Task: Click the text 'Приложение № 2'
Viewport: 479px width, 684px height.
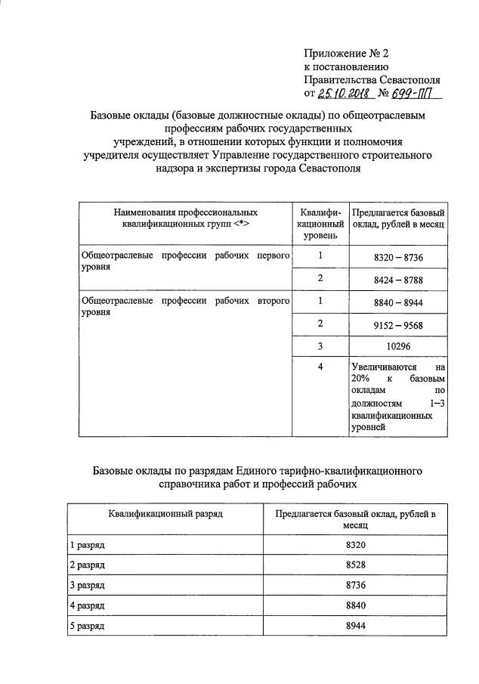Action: pyautogui.click(x=345, y=53)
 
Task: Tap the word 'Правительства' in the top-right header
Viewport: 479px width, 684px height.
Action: pyautogui.click(x=338, y=79)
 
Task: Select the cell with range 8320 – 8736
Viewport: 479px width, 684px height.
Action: pyautogui.click(x=398, y=258)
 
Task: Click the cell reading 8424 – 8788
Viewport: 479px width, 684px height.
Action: pyautogui.click(x=398, y=280)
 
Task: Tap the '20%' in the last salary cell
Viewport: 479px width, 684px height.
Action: pyautogui.click(x=360, y=378)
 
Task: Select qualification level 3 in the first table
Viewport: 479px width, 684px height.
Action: pyautogui.click(x=320, y=345)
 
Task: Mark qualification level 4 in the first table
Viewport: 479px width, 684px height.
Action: pyautogui.click(x=320, y=367)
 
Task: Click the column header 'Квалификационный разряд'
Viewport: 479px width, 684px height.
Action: pyautogui.click(x=165, y=514)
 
